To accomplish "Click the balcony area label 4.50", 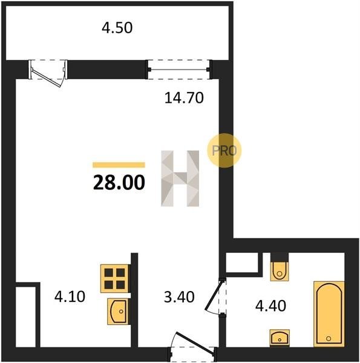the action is [x=117, y=28].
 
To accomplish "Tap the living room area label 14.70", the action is [x=184, y=97].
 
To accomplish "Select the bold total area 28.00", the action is [x=119, y=183].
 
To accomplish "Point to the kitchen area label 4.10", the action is [x=70, y=296].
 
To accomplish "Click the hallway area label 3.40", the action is [x=179, y=297].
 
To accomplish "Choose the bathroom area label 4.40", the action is [x=270, y=306].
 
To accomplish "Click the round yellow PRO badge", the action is [x=224, y=151].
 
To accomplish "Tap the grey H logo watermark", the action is [x=180, y=178].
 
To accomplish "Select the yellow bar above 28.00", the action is [x=119, y=165].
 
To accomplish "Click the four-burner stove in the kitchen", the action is [x=114, y=278].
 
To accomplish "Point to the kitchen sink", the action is [x=118, y=312].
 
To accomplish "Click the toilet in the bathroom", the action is [x=280, y=271].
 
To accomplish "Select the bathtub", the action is [x=329, y=314].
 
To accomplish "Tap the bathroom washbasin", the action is [x=280, y=338].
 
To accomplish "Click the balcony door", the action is [x=48, y=72].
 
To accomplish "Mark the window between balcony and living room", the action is [x=178, y=70].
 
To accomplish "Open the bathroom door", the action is [x=215, y=297].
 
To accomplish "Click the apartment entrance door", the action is [x=192, y=347].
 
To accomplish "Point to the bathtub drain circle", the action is [x=329, y=338].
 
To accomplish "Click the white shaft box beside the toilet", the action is [x=242, y=263].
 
